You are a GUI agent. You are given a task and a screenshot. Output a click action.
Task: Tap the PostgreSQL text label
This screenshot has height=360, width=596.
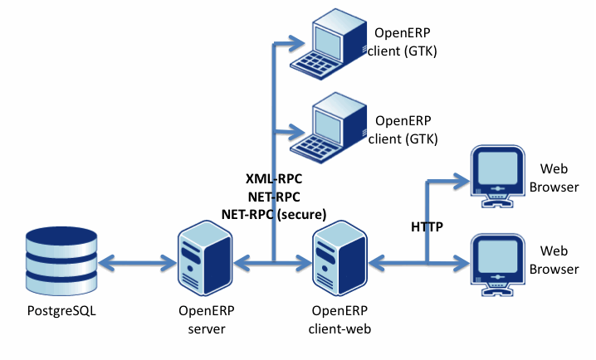coord(61,313)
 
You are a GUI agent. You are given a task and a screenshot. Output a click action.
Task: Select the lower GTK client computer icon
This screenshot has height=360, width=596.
coord(337,129)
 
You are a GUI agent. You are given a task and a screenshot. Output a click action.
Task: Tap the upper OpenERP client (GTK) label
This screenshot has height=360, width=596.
coord(403,42)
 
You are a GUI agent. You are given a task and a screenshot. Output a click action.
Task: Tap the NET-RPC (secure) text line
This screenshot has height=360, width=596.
coord(274,213)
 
